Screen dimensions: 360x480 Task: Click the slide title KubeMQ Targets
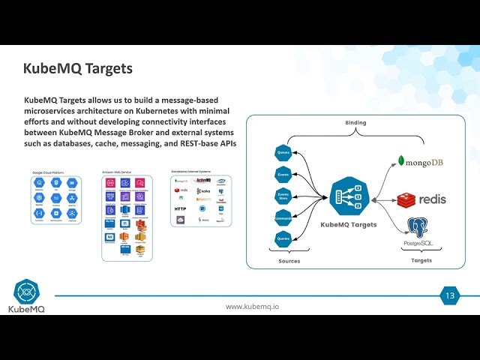[78, 69]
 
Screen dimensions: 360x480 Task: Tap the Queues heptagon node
[283, 153]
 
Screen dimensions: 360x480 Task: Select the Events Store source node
[283, 196]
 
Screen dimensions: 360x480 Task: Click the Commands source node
[283, 218]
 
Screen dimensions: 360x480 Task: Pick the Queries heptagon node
[283, 240]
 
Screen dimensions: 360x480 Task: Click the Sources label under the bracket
[289, 261]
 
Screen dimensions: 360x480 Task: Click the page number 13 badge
[449, 295]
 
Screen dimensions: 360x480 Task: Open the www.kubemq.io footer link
[253, 307]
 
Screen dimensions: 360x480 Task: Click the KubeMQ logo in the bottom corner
[26, 296]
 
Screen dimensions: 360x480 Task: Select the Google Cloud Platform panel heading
[48, 172]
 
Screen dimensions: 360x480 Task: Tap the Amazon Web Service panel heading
[117, 172]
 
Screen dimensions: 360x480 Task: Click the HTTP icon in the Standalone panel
[181, 208]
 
